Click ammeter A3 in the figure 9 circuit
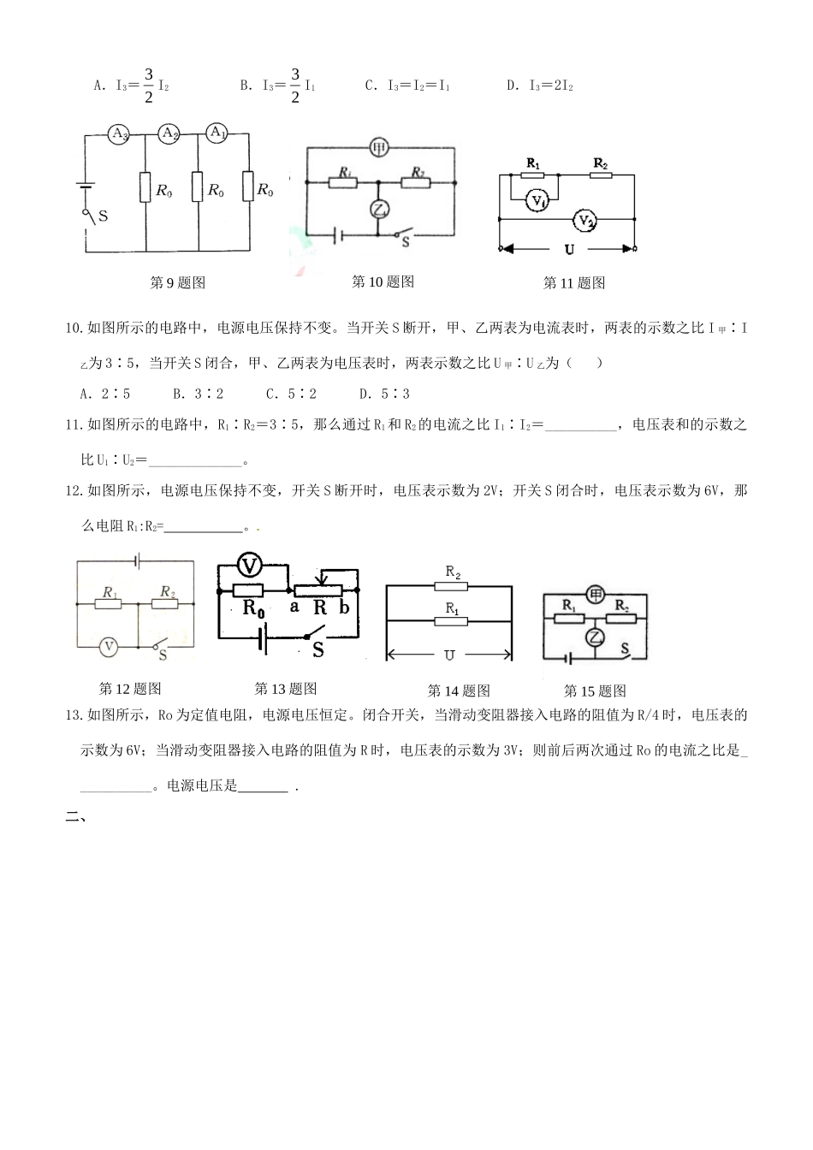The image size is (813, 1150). (120, 133)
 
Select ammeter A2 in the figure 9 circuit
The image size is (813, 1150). (169, 133)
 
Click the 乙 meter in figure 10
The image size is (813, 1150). (379, 208)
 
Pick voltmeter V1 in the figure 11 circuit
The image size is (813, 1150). (537, 200)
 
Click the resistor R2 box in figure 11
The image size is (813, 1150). (601, 175)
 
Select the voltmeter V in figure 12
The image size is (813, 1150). (109, 647)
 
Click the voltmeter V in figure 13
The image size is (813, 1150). (249, 566)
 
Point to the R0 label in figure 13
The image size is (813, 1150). (254, 608)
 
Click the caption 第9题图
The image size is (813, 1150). (178, 282)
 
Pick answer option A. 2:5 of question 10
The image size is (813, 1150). (104, 394)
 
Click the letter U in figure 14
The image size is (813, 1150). (448, 655)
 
